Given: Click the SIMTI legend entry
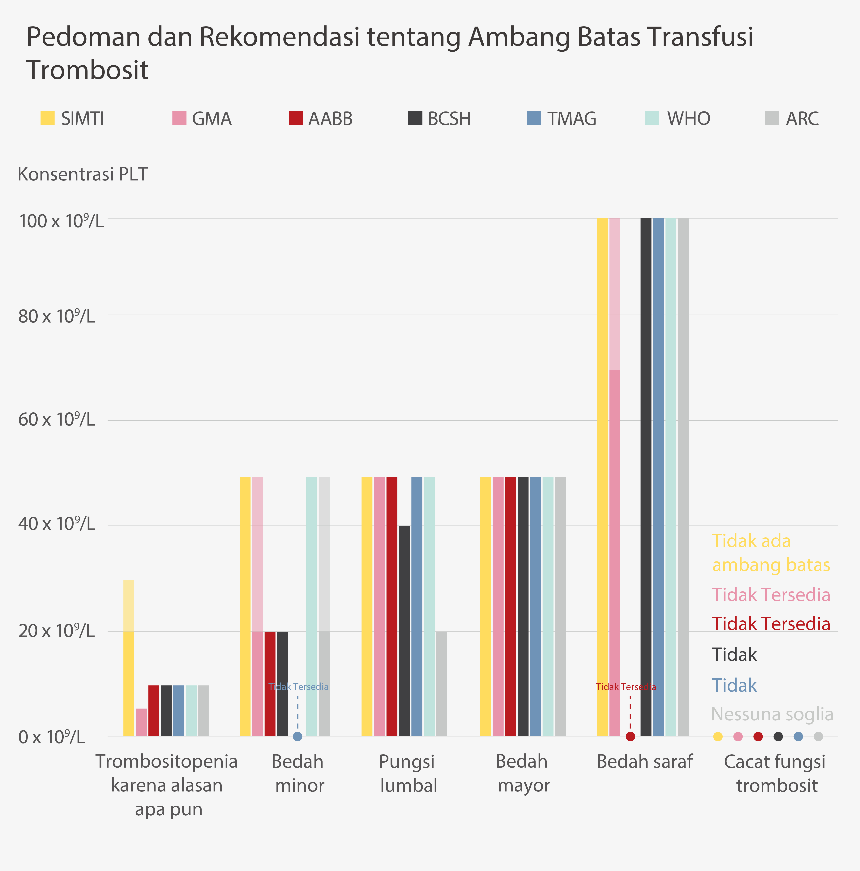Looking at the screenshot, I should tap(72, 119).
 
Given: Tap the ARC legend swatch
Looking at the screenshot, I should tap(772, 119).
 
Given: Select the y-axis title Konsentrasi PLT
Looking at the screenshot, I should tap(82, 174).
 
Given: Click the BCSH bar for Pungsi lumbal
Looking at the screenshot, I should tap(404, 631).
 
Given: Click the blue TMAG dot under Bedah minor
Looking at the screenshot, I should tap(297, 737).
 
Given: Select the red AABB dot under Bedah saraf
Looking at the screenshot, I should tap(630, 737).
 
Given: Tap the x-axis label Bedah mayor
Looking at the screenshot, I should tap(523, 774).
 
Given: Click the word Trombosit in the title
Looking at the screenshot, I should tap(87, 70).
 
